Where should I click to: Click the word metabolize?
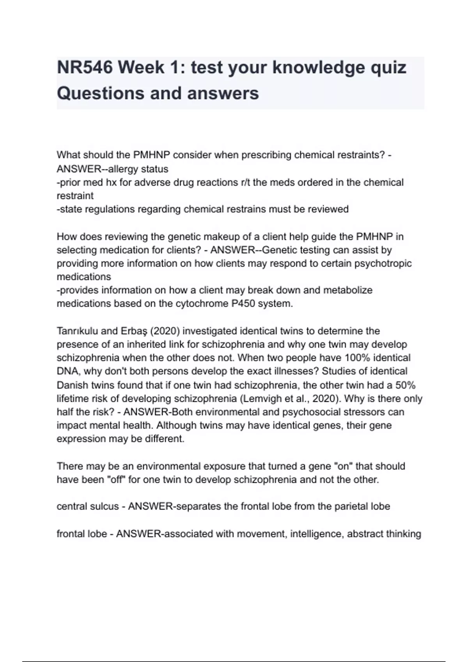click(348, 290)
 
